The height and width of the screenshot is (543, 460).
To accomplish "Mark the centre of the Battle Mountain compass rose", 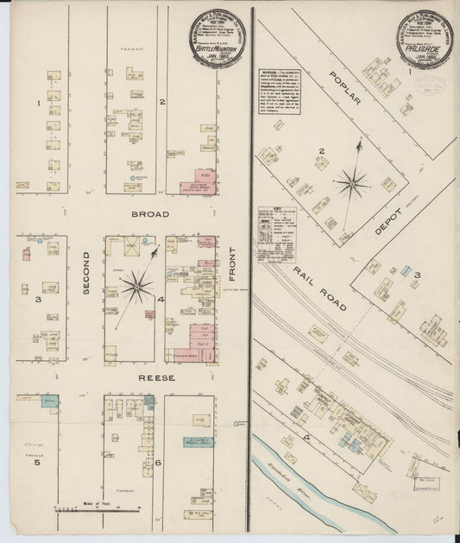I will (136, 287).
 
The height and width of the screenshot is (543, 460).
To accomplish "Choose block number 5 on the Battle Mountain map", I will (37, 463).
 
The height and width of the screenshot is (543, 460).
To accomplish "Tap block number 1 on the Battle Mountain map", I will (39, 104).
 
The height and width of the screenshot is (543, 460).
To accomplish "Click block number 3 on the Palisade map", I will (416, 276).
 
